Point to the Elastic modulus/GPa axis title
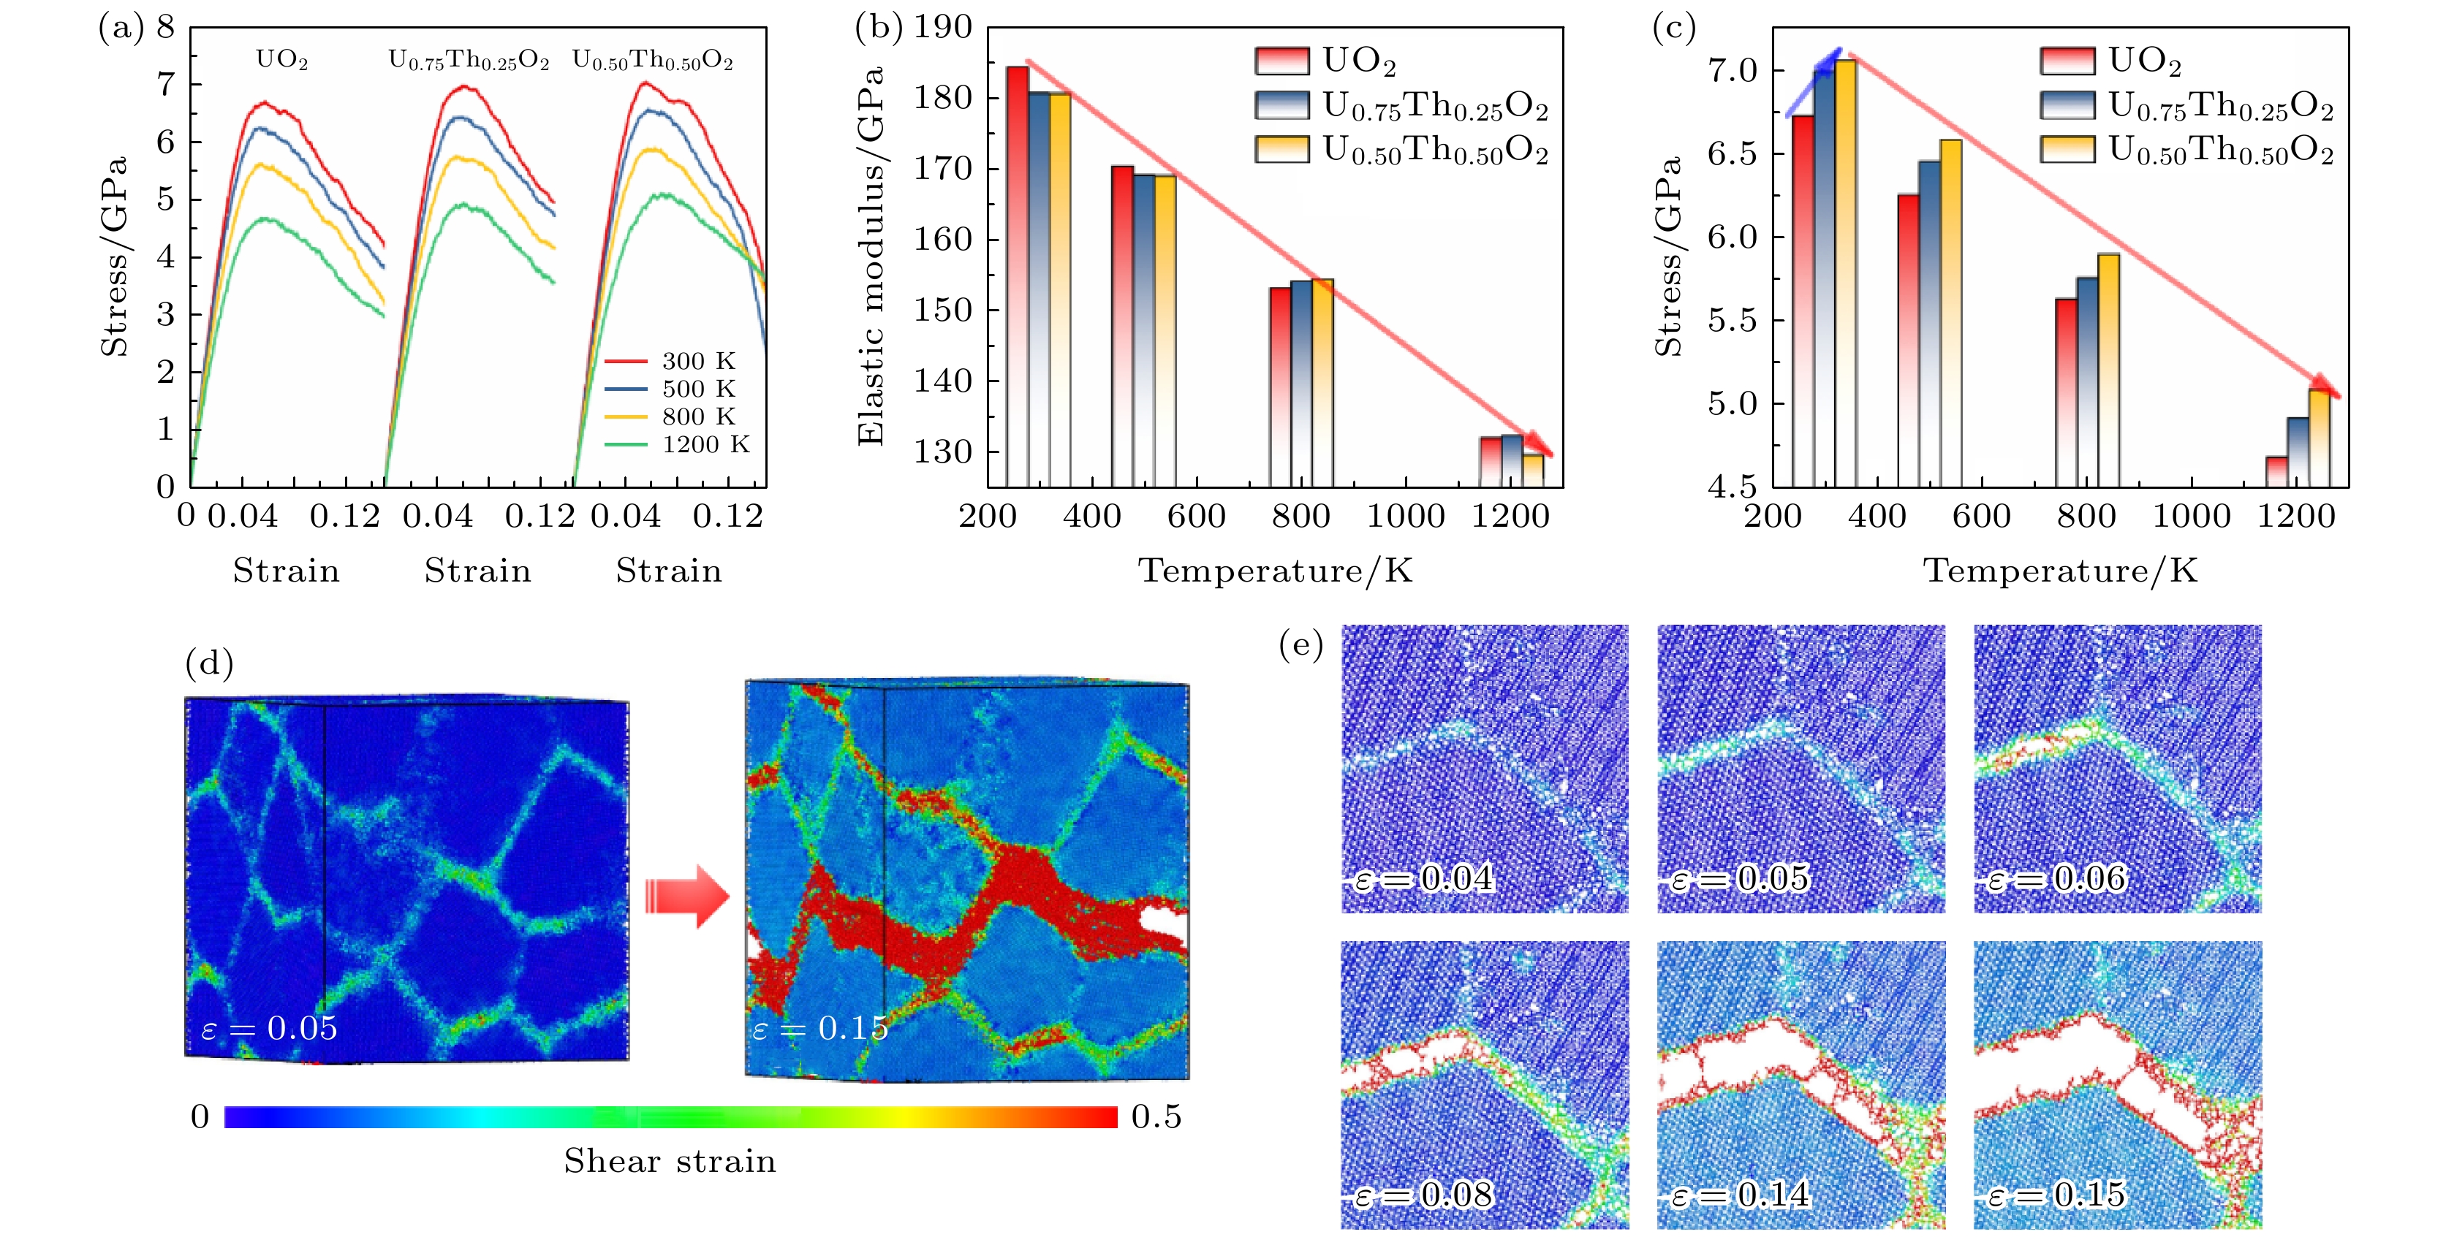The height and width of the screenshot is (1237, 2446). coord(870,256)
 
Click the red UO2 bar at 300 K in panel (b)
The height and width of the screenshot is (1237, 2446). coord(1016,275)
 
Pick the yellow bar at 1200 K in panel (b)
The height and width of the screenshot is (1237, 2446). coord(1532,470)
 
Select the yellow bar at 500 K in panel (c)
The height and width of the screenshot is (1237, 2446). coord(1950,313)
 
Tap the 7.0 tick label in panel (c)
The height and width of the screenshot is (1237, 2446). coord(1733,71)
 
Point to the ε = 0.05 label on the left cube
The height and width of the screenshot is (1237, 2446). coord(270,1028)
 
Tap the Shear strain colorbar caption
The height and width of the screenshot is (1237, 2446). coord(670,1161)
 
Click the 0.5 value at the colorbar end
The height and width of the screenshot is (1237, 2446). coord(1156,1116)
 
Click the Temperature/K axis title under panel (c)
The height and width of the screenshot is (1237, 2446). coord(2061,571)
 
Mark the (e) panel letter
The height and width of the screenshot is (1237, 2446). coord(1301,647)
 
